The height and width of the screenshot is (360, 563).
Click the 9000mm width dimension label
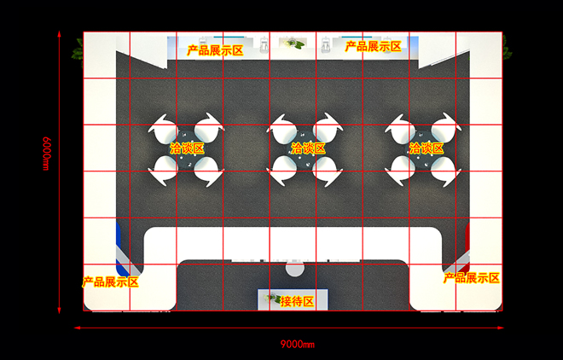point(298,345)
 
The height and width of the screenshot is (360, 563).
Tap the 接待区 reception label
point(297,301)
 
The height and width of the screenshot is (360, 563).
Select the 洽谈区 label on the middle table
point(308,148)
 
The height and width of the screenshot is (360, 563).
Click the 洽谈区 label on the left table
point(187,148)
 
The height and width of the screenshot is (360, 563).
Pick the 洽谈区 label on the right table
point(427,148)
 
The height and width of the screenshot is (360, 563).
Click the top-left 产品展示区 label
point(215,50)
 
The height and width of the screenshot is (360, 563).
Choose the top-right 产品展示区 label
point(373,46)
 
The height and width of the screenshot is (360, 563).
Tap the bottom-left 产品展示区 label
point(110,282)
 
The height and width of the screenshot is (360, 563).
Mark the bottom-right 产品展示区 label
point(472,278)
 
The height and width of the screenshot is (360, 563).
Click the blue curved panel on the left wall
point(119,248)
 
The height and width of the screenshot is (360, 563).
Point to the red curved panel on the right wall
point(467,247)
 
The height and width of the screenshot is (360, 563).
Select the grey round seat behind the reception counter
point(295,269)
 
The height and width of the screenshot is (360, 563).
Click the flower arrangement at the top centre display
point(294,44)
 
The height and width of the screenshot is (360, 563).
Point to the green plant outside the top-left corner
point(78,52)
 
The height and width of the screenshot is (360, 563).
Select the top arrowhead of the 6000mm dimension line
point(59,34)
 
